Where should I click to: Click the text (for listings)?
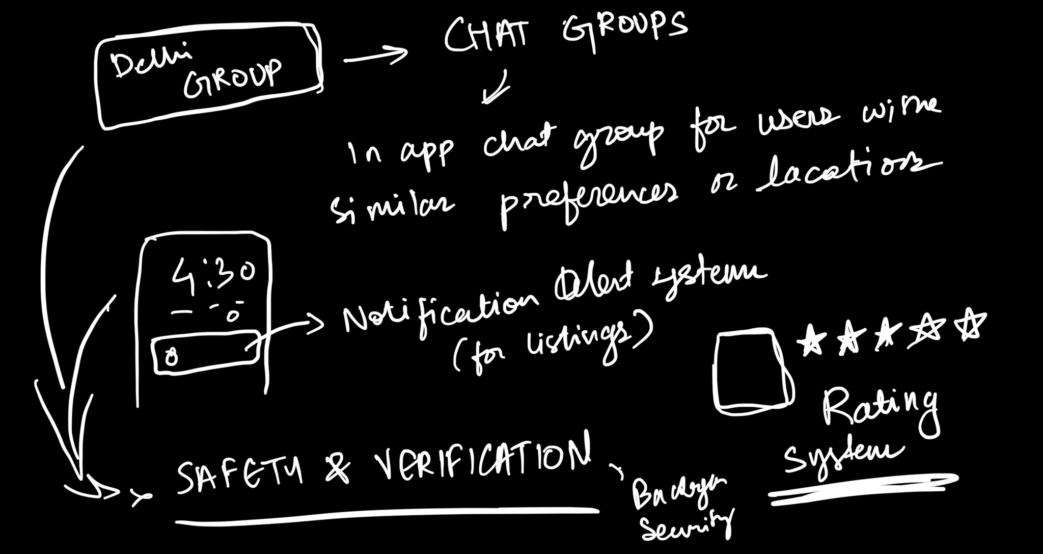tap(550, 347)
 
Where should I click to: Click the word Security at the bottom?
tap(688, 525)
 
